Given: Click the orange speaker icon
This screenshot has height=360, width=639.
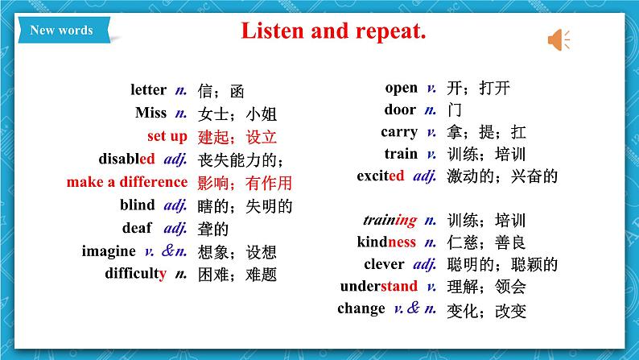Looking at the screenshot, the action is click(559, 40).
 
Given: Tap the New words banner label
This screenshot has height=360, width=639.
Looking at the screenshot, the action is click(61, 30).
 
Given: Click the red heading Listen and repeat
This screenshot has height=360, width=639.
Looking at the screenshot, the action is click(333, 31).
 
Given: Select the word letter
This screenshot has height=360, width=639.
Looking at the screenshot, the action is click(148, 89).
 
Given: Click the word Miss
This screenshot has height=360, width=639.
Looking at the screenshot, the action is click(150, 113).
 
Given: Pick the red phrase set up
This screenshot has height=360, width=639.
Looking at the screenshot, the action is click(167, 136).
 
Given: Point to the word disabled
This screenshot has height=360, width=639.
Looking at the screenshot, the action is click(126, 159).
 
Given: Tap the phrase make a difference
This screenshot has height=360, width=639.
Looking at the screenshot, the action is click(127, 182).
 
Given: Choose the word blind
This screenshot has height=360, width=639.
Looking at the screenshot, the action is click(138, 205).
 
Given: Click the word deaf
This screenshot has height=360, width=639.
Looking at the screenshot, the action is click(137, 227).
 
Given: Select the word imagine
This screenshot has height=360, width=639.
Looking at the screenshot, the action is click(109, 251).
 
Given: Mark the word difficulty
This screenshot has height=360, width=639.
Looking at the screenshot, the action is click(136, 274).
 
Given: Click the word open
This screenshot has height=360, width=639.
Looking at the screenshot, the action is click(402, 88).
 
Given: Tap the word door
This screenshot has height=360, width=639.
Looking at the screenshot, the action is click(400, 110).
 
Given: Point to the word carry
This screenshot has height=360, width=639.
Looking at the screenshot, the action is click(399, 132).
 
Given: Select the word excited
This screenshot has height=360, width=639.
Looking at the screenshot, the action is click(381, 176).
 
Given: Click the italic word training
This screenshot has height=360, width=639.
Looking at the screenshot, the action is click(390, 220).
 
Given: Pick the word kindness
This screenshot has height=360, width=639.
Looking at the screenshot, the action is click(386, 242).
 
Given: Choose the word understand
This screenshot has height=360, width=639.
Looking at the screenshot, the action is click(379, 286).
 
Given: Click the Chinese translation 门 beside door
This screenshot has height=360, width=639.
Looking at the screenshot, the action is click(455, 110).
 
